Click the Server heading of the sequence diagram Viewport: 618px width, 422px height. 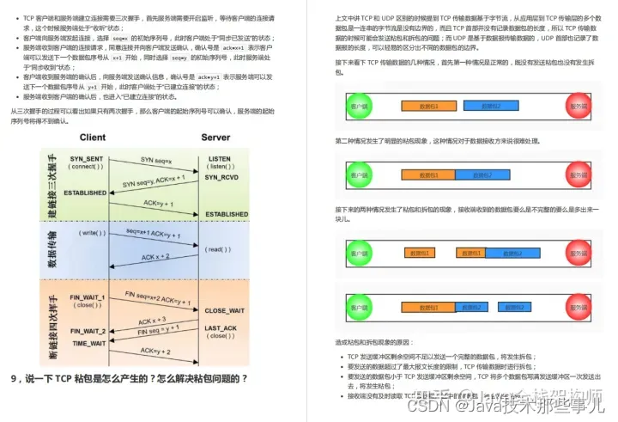point(215,138)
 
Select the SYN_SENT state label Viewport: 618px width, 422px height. point(87,159)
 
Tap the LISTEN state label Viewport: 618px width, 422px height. point(220,159)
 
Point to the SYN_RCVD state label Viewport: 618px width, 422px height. point(220,176)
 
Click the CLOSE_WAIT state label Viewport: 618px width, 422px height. point(225,310)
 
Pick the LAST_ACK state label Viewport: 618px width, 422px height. point(221,328)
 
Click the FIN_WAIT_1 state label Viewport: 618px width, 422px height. point(88,297)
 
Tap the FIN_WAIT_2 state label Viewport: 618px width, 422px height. point(88,331)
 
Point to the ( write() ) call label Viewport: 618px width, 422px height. point(92,233)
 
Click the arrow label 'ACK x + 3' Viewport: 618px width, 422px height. point(153,319)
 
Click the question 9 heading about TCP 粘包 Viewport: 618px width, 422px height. point(129,378)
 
